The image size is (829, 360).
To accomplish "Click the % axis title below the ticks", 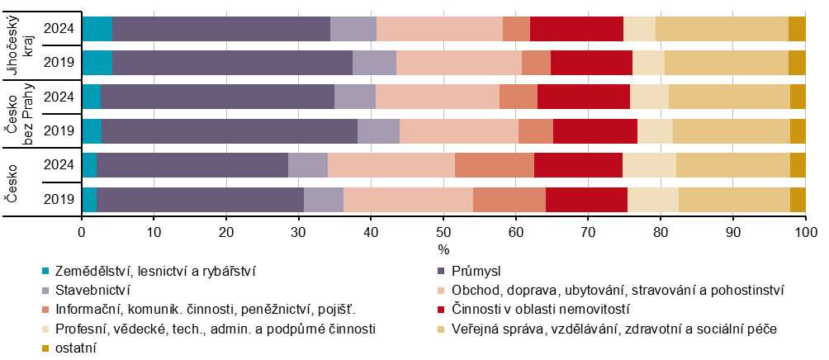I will (x=443, y=249).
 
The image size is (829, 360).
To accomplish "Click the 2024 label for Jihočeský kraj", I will (x=60, y=28).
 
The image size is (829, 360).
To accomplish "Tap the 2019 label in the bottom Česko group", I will (x=60, y=199).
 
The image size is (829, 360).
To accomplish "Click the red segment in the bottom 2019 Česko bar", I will (x=586, y=199).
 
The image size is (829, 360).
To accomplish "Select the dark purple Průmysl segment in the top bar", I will (x=220, y=28).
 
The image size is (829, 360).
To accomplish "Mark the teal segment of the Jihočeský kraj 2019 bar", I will (x=97, y=62).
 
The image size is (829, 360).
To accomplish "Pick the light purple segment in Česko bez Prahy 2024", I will (x=355, y=97).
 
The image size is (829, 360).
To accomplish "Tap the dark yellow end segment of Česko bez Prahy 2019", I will (x=798, y=130).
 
